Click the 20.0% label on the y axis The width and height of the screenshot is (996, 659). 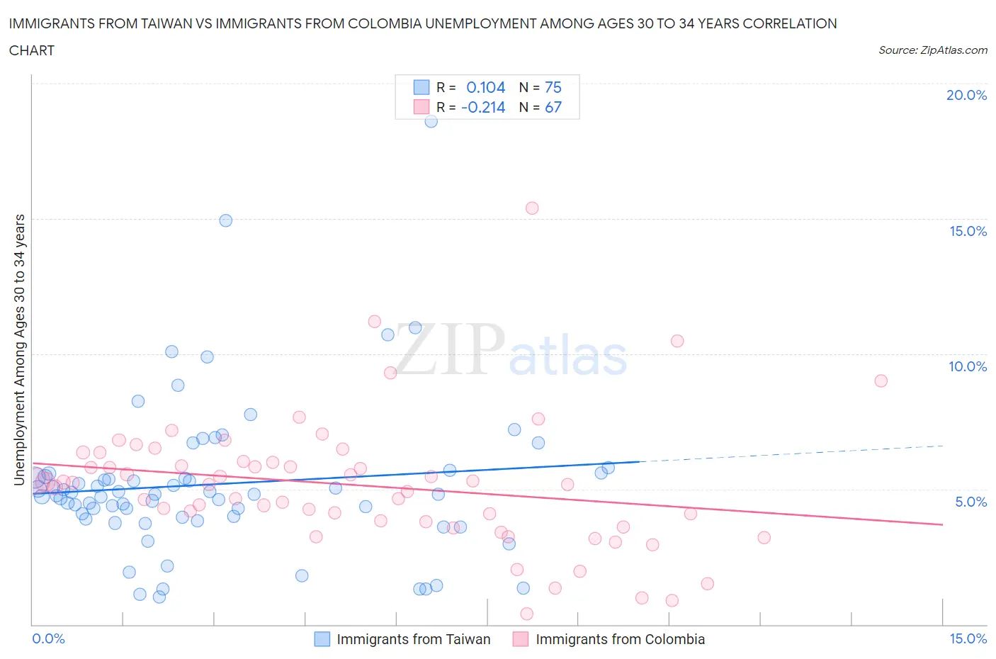(966, 95)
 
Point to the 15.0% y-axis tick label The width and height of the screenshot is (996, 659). (968, 231)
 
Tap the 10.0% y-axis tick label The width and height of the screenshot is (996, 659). (968, 366)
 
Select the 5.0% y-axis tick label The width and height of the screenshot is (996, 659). (970, 502)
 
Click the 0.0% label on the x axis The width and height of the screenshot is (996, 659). (48, 638)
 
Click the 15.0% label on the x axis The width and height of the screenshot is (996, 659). (968, 638)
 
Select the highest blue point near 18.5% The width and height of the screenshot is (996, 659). (431, 121)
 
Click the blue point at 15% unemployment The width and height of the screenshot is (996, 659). (225, 220)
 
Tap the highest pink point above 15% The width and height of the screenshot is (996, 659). (532, 208)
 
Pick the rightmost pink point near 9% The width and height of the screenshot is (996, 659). (881, 381)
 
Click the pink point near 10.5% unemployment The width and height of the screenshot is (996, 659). (677, 341)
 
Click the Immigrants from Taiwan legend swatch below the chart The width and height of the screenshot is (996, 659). (322, 639)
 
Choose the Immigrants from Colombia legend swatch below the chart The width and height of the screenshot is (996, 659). (521, 639)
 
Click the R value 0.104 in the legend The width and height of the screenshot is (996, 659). (485, 87)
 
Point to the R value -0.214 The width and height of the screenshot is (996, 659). (483, 107)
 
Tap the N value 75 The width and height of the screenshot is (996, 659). (553, 87)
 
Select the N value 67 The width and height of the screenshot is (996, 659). (553, 107)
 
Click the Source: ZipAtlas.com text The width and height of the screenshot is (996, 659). (932, 50)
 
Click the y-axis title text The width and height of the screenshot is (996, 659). (19, 350)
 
